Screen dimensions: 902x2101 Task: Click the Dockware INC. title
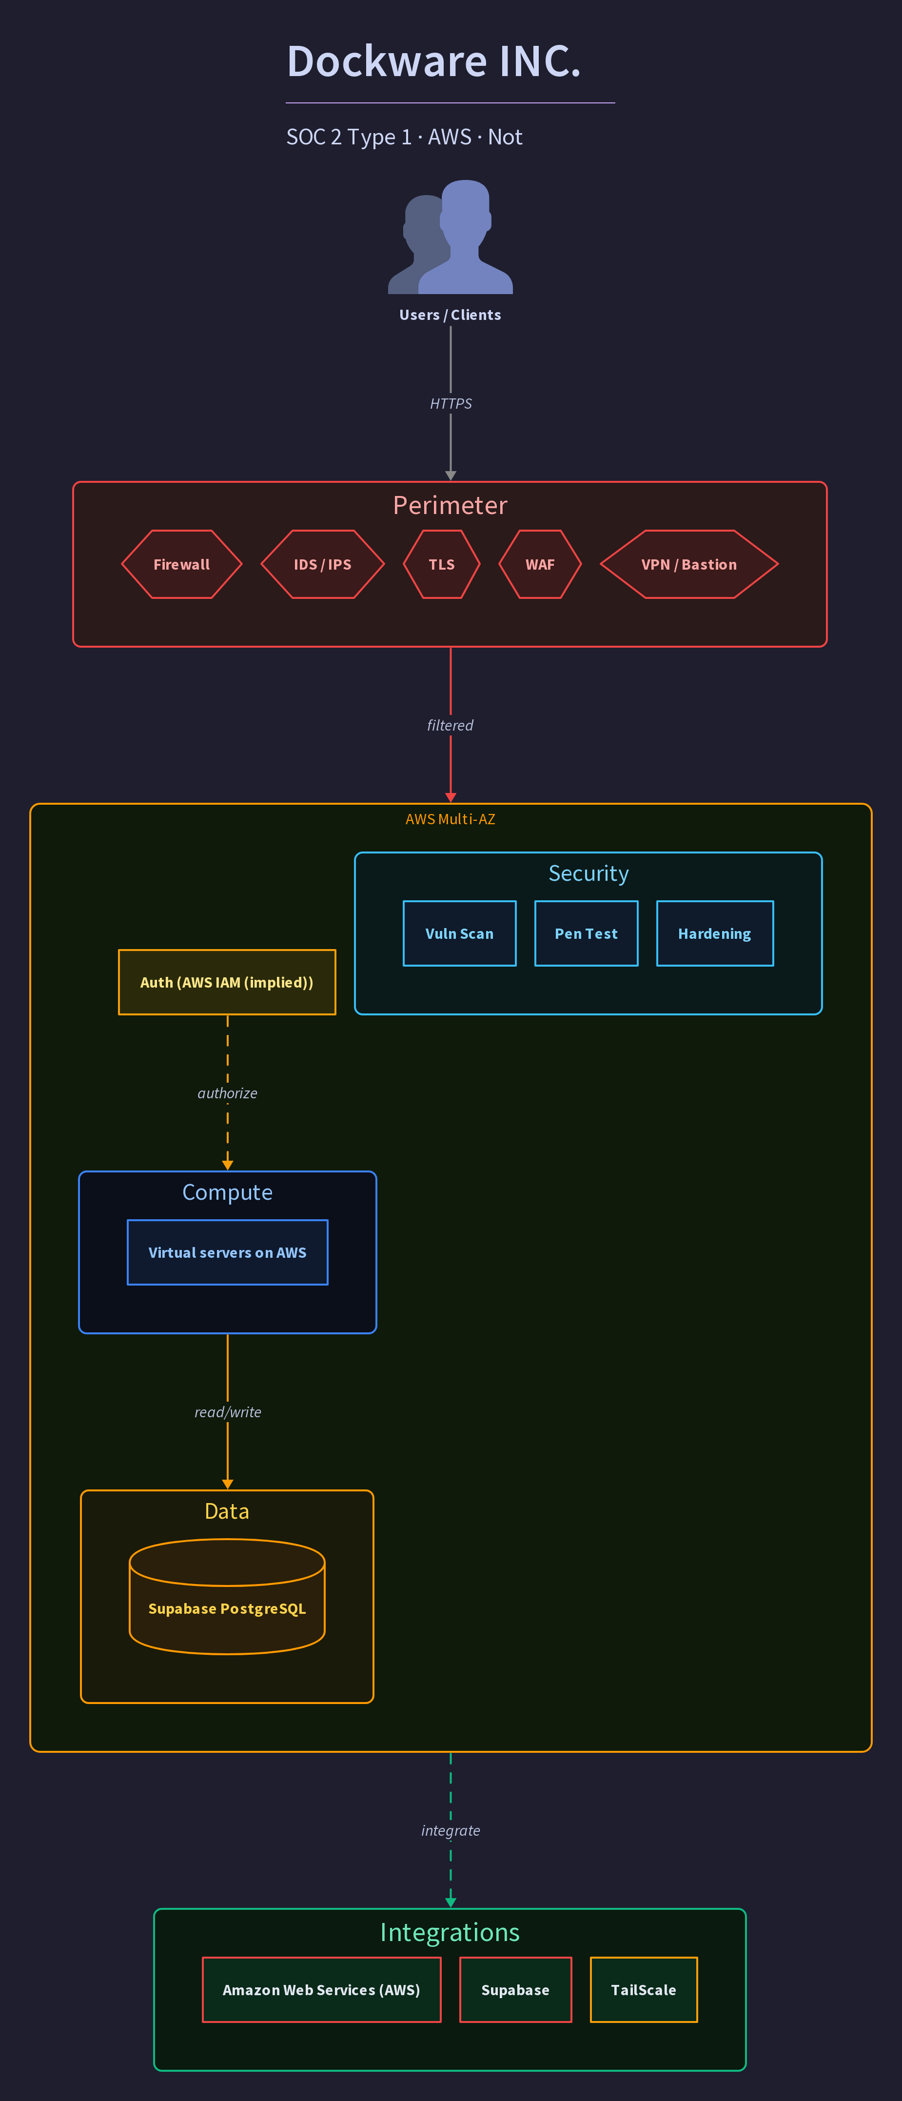(434, 61)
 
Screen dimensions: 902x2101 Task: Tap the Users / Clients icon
(450, 237)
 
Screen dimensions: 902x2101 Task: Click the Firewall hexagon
(182, 564)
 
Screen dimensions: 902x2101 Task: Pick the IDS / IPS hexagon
(322, 564)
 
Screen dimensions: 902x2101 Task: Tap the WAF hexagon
(540, 564)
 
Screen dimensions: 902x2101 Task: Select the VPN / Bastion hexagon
(689, 564)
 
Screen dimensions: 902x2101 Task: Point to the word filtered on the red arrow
(450, 725)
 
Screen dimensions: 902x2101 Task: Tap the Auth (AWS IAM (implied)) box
(227, 982)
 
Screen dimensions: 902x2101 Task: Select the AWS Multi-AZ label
(450, 819)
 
